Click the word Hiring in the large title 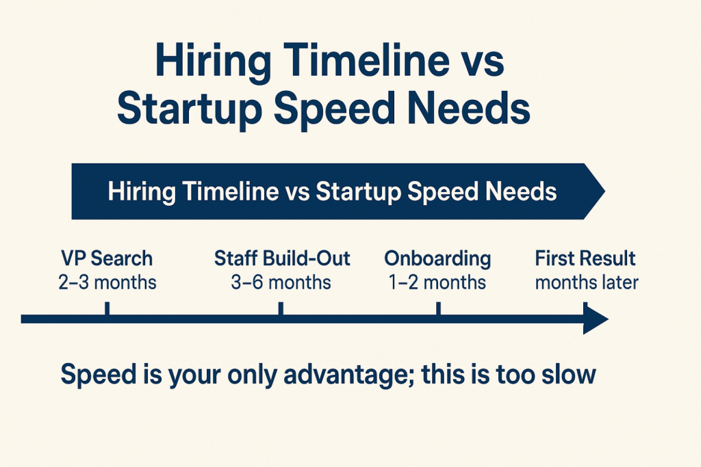pyautogui.click(x=213, y=62)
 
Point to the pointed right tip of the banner pyautogui.click(x=605, y=191)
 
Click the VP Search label pyautogui.click(x=107, y=258)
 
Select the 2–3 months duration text pyautogui.click(x=107, y=282)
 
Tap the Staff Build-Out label pyautogui.click(x=282, y=258)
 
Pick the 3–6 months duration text pyautogui.click(x=281, y=282)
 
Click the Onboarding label pyautogui.click(x=437, y=259)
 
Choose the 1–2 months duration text pyautogui.click(x=437, y=282)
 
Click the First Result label pyautogui.click(x=585, y=258)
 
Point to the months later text pyautogui.click(x=587, y=282)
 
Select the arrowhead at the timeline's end pyautogui.click(x=596, y=319)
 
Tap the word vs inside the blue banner pyautogui.click(x=297, y=194)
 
